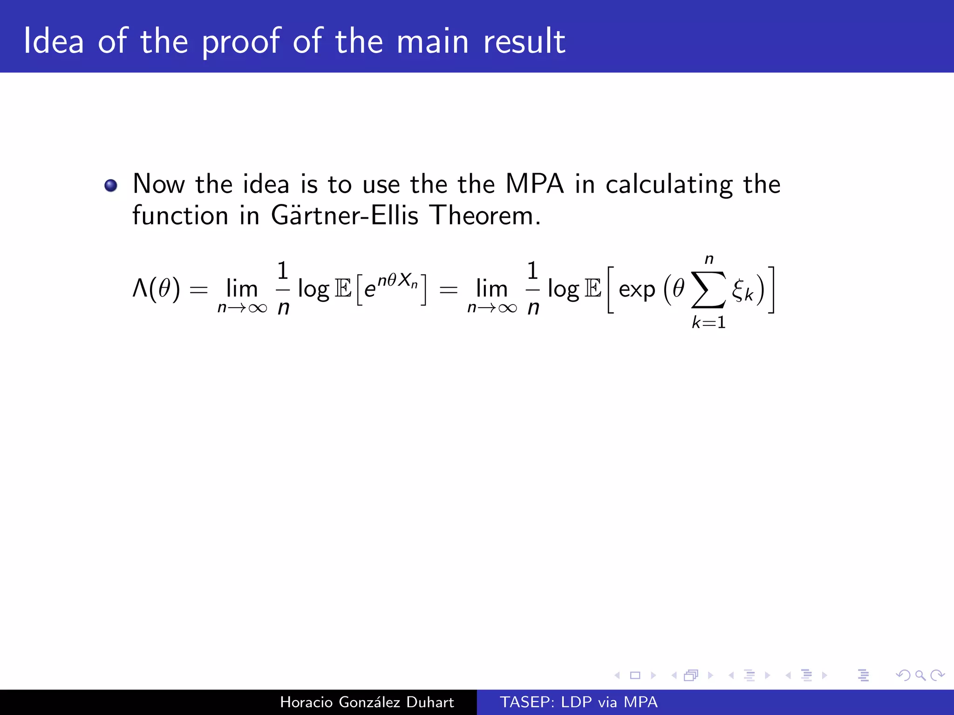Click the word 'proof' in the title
pos(241,42)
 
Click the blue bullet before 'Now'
pos(111,186)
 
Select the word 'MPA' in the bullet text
pos(534,184)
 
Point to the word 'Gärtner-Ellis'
pos(345,216)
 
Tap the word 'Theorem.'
pos(485,216)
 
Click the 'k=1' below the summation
pos(709,322)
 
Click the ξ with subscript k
pos(742,290)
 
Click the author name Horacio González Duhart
pos(367,702)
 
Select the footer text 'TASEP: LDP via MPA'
pos(579,702)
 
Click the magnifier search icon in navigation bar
pos(920,675)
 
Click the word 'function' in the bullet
pos(180,216)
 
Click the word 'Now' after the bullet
pos(159,184)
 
